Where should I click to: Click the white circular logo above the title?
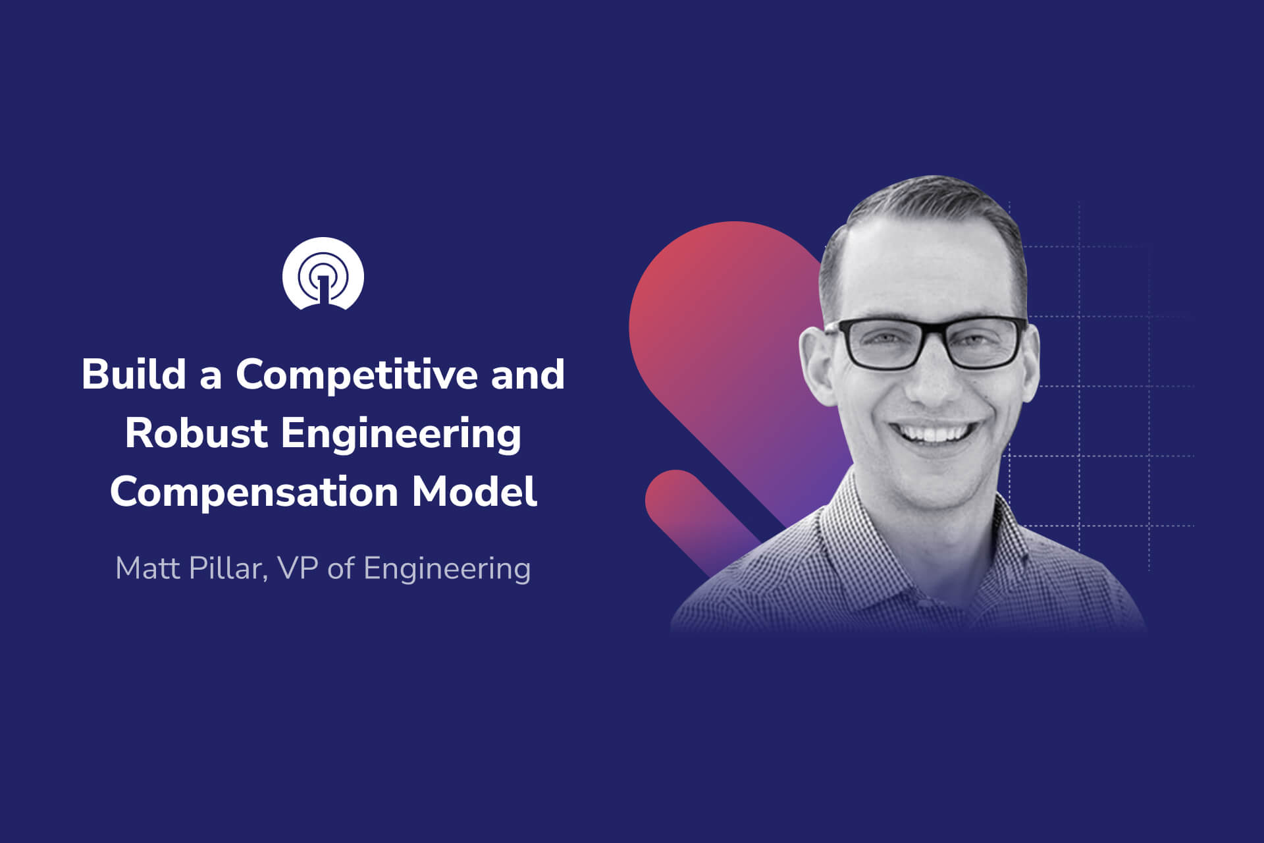pos(323,273)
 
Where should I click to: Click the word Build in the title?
pos(134,374)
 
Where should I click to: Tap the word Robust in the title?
pos(196,433)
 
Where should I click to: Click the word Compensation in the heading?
pos(253,492)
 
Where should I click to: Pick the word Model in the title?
pos(474,492)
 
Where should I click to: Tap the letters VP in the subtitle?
pos(298,568)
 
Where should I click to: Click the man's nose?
pos(930,382)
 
